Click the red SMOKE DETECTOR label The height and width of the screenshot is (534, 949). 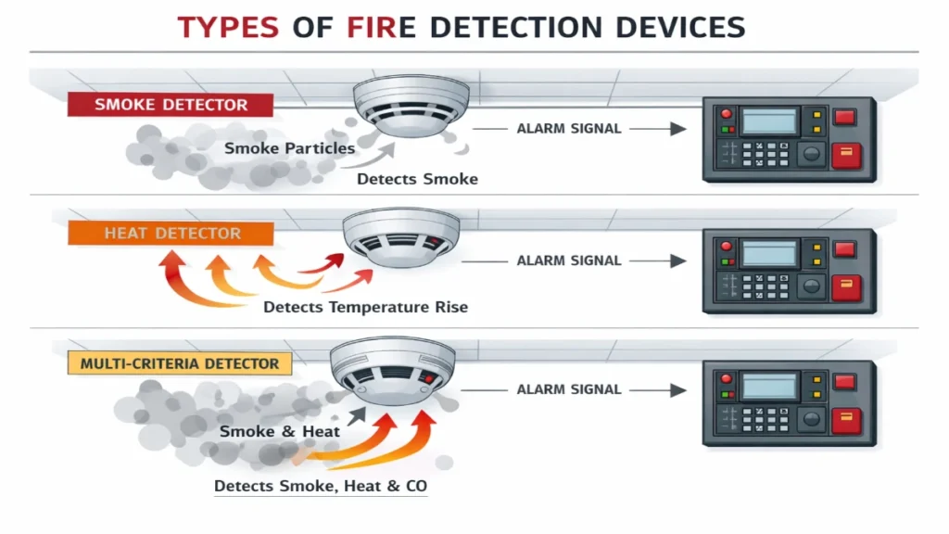coord(171,105)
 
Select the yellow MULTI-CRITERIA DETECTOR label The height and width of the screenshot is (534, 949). coord(179,363)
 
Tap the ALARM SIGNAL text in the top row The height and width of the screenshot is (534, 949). coord(569,129)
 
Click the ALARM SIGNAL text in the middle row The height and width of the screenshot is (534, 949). coord(569,261)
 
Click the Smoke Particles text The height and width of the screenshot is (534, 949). coord(289,148)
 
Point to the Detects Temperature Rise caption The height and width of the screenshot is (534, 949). coord(365,307)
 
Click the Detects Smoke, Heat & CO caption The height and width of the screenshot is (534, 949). coord(321,486)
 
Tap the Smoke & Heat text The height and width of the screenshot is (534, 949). coord(280,431)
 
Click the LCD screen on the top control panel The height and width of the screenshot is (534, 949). coord(769,121)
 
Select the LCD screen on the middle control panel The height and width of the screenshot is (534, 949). coord(769,253)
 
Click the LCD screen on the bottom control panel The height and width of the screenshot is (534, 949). coord(769,384)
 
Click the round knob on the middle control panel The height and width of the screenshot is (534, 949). coord(811,286)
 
